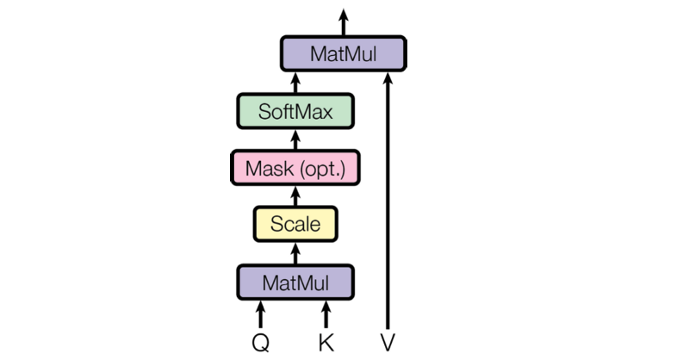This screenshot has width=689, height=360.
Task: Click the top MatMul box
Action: click(343, 53)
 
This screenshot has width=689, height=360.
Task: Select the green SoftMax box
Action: click(295, 111)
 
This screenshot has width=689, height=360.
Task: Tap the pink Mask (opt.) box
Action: click(295, 168)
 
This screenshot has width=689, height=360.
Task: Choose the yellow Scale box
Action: click(295, 224)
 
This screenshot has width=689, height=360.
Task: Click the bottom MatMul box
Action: click(295, 282)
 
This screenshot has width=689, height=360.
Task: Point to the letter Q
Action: click(261, 343)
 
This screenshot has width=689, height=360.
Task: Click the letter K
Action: click(326, 343)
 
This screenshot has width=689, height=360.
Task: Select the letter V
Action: click(388, 343)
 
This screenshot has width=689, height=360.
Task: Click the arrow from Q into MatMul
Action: click(261, 314)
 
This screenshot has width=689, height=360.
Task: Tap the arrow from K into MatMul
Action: click(326, 314)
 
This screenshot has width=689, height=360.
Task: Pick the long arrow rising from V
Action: click(388, 201)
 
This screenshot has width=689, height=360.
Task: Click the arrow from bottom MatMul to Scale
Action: click(295, 253)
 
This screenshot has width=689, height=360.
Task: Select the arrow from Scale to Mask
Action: click(295, 196)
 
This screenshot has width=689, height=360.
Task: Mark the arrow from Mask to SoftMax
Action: click(295, 140)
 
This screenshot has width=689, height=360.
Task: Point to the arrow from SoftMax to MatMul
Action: click(295, 83)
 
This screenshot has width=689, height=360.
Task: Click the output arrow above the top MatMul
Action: click(343, 22)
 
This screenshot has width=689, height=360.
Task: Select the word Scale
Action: click(295, 224)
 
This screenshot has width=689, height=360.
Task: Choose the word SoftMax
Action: click(295, 112)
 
